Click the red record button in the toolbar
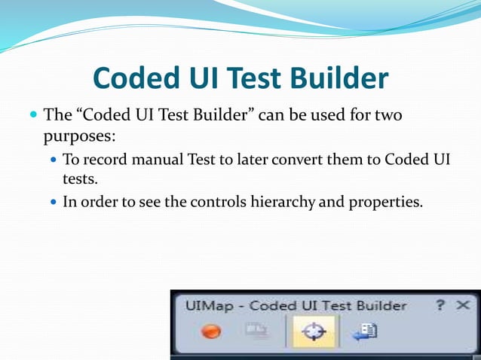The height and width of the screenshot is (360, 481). point(212,331)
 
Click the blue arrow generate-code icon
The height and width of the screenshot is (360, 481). point(364,331)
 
